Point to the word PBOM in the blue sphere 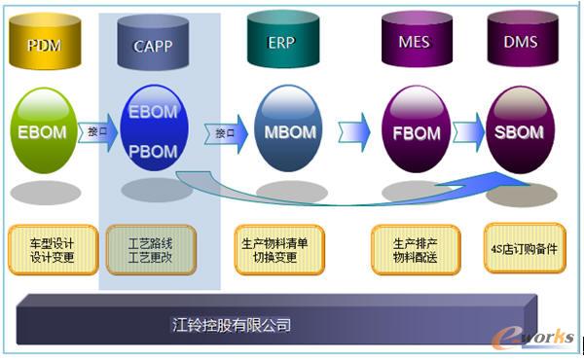[x=153, y=153]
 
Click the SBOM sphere [x=520, y=132]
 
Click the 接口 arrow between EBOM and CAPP [x=97, y=131]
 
